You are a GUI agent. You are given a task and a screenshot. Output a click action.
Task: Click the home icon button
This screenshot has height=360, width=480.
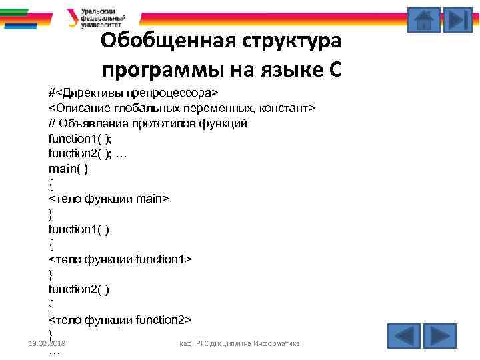click(424, 19)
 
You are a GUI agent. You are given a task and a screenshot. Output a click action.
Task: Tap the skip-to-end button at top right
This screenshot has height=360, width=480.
click(457, 19)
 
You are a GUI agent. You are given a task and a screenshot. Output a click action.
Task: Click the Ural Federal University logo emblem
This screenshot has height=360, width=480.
click(72, 17)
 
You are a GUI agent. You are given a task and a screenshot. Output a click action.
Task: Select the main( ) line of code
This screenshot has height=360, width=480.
click(68, 169)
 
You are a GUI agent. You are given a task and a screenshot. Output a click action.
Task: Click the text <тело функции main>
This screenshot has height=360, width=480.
click(109, 199)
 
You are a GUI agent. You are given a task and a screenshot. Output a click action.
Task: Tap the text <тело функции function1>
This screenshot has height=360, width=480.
click(120, 259)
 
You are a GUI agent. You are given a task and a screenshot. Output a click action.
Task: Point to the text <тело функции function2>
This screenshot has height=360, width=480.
click(120, 319)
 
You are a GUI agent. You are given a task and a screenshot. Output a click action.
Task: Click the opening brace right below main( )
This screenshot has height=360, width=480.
click(51, 183)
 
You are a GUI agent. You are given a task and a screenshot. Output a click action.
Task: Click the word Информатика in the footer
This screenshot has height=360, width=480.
click(275, 343)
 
